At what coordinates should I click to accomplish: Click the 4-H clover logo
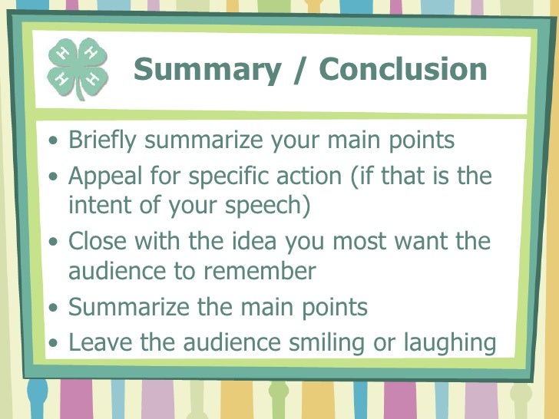tap(77, 68)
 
